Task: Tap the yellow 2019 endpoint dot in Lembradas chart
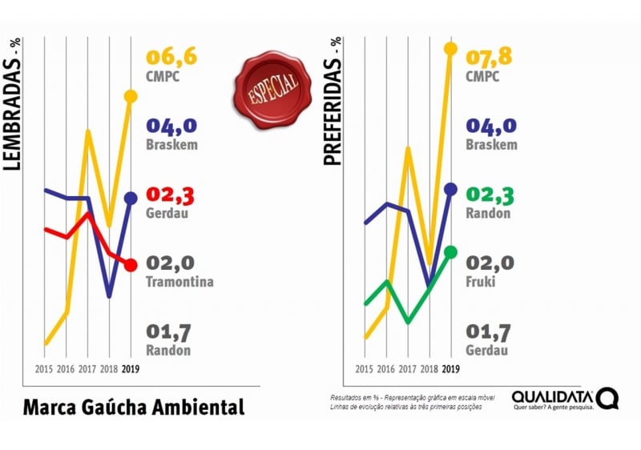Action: [x=131, y=97]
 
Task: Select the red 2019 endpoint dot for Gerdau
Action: [x=131, y=264]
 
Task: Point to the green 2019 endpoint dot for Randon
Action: [x=450, y=252]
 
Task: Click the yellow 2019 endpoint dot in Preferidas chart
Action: [x=450, y=49]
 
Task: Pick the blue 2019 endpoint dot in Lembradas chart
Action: [x=131, y=199]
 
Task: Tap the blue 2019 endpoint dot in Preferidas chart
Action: [x=450, y=189]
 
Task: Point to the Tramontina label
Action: [x=180, y=282]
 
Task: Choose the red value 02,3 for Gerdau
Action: [x=171, y=195]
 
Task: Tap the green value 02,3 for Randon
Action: [x=491, y=195]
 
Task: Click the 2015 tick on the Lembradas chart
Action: [x=45, y=369]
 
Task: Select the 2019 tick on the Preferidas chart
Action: [x=450, y=369]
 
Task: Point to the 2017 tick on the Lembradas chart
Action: [x=88, y=369]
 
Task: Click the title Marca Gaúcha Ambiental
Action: [x=133, y=406]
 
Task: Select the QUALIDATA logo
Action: [x=565, y=399]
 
